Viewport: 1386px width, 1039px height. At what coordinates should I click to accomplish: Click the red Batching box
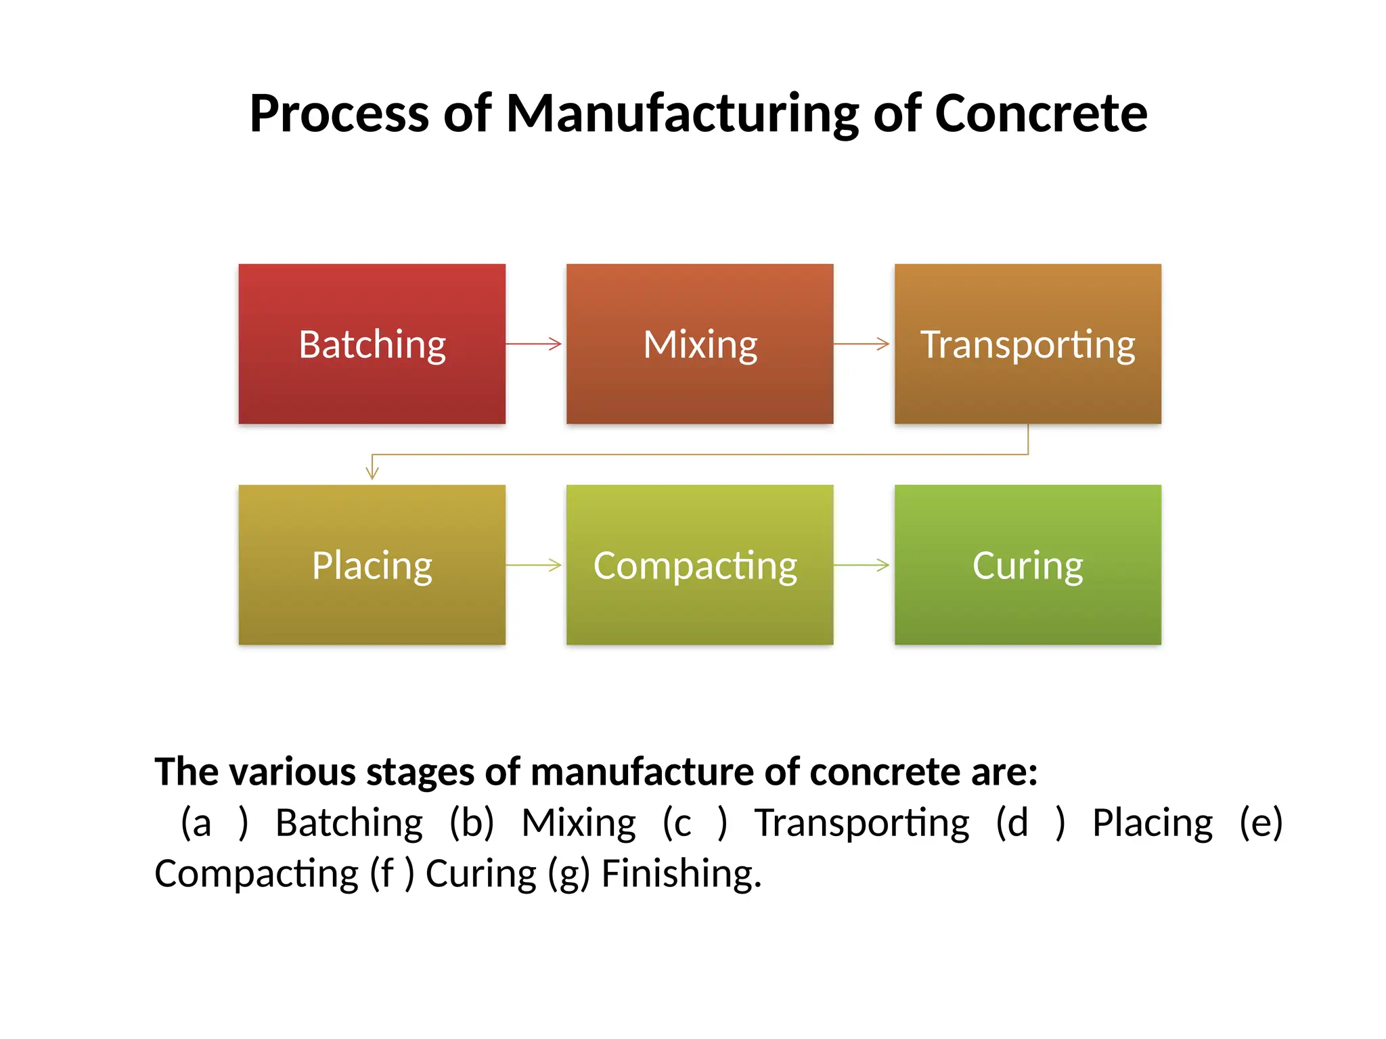point(372,344)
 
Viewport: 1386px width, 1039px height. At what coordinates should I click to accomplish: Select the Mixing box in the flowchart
point(700,344)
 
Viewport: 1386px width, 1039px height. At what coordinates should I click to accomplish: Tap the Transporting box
point(1027,344)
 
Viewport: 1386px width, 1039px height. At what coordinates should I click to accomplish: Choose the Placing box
point(372,565)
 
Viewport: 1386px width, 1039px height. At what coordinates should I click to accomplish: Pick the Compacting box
point(700,565)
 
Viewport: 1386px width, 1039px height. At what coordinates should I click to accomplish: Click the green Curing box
point(1027,565)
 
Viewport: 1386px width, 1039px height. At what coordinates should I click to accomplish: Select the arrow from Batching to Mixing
point(535,344)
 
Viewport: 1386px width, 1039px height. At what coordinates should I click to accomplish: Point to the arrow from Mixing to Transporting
point(862,344)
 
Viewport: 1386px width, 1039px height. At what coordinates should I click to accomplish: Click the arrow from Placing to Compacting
point(535,565)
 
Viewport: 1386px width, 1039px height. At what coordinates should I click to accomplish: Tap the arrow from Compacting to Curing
point(862,565)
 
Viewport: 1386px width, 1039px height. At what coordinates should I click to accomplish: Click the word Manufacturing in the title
point(682,114)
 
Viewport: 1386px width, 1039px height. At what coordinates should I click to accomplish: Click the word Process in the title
point(338,114)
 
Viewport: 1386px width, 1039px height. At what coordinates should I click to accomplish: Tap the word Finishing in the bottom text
point(681,874)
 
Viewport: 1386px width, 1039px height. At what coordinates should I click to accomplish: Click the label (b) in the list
point(472,823)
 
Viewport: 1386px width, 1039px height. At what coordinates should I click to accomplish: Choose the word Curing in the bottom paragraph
point(480,874)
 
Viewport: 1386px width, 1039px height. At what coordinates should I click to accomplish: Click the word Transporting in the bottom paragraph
point(862,823)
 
